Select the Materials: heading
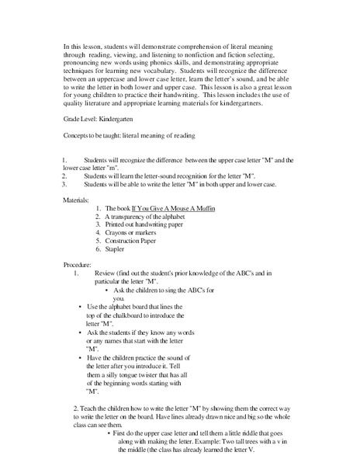coord(77,200)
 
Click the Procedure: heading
coord(78,265)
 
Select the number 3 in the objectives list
coord(65,184)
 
